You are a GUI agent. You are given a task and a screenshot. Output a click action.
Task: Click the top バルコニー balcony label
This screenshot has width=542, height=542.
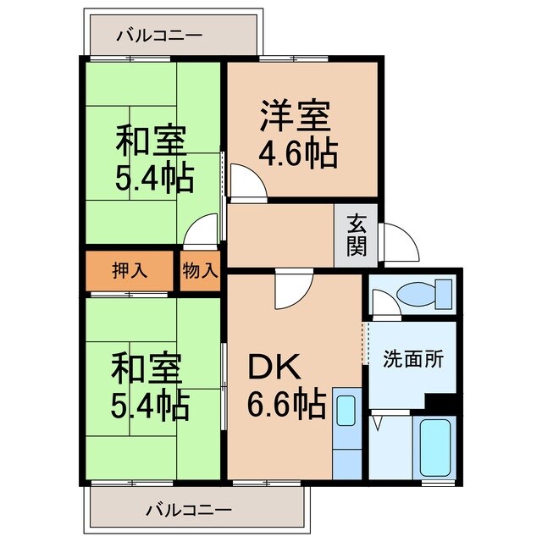(159, 36)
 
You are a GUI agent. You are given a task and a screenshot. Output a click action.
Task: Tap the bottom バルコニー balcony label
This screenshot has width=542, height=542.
(188, 510)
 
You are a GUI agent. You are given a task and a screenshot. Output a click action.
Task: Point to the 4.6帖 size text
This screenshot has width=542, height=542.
(298, 155)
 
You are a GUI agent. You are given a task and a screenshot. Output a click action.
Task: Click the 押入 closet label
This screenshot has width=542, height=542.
(130, 271)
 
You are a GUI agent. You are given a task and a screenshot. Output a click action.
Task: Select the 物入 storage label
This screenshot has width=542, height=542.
(201, 271)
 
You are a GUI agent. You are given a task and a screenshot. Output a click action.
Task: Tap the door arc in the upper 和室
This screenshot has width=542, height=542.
(203, 230)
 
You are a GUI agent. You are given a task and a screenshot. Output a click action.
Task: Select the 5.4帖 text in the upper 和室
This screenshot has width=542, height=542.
(153, 178)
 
